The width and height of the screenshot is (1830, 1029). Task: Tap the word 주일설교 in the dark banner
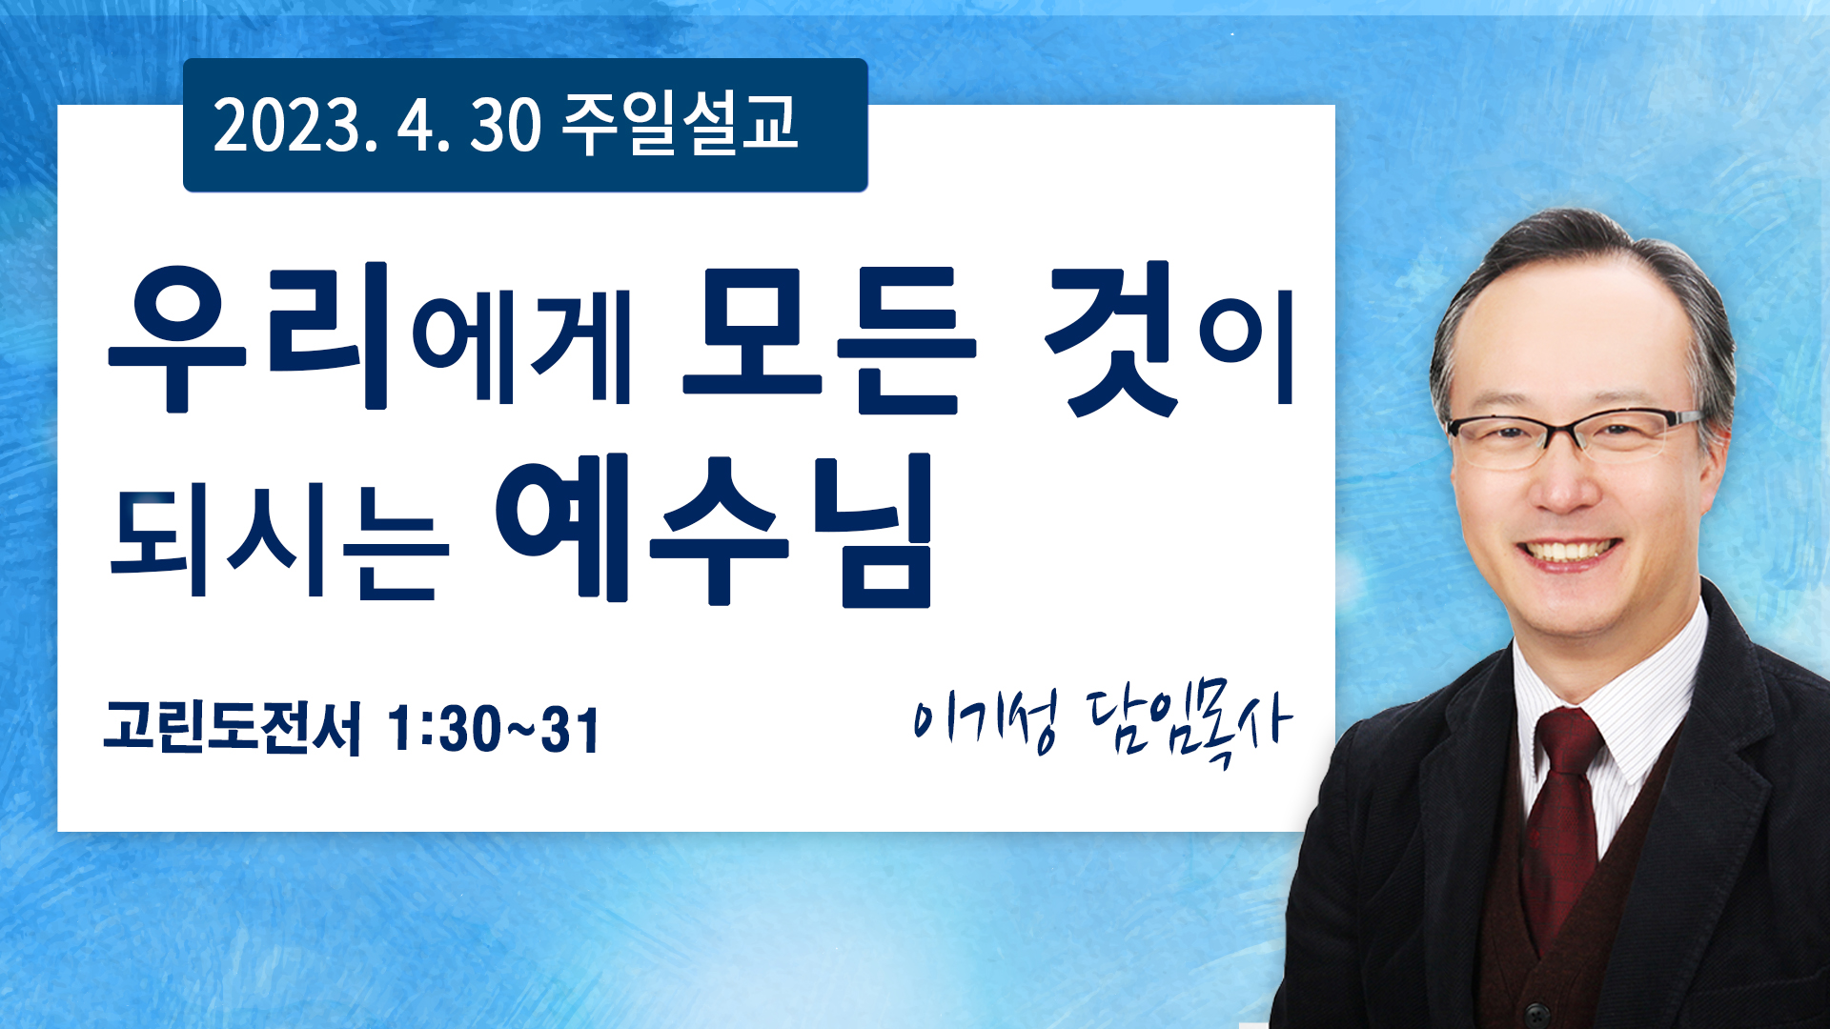(680, 124)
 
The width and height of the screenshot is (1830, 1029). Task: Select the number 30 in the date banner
(505, 126)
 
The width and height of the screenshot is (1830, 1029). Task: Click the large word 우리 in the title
(250, 336)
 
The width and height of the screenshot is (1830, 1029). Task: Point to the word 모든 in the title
(830, 340)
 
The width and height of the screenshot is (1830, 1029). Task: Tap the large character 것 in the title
(1113, 340)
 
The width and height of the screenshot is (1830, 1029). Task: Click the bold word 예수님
(714, 530)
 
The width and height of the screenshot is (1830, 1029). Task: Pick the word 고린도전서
(233, 728)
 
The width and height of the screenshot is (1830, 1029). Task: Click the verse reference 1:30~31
(494, 730)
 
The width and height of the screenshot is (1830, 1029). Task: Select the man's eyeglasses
(1573, 436)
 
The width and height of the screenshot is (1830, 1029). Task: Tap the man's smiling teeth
(1569, 551)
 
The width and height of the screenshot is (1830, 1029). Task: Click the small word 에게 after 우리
(521, 349)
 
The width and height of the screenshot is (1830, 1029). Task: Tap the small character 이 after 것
(1246, 349)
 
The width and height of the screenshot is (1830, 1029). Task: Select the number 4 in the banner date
(417, 126)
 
